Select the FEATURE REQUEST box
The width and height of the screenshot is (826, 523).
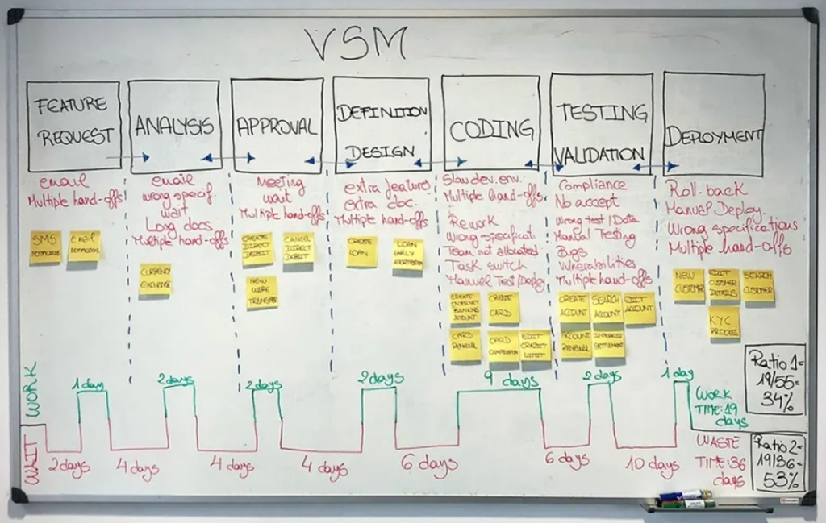73,126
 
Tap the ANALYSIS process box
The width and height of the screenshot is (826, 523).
174,126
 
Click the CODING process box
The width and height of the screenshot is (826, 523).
490,126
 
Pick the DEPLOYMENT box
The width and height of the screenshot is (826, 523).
713,125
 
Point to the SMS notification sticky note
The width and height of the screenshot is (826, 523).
46,247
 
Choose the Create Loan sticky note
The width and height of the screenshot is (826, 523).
362,251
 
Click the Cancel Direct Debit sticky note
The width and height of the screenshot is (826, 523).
298,247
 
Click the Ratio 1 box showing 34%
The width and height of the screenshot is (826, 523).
774,379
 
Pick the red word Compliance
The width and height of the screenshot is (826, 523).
592,185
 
